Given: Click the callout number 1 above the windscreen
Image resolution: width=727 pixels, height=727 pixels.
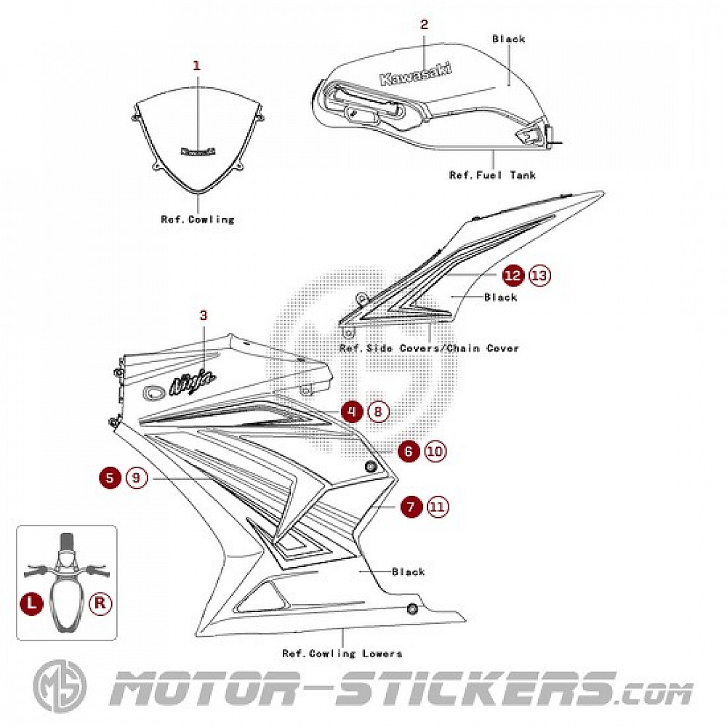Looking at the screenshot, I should coord(196,65).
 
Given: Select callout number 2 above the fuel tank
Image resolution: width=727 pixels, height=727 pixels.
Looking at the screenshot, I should coord(424,24).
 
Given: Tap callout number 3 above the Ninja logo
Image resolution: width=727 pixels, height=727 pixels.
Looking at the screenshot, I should coord(204,315).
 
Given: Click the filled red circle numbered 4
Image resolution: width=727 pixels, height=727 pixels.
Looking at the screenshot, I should coord(352,412).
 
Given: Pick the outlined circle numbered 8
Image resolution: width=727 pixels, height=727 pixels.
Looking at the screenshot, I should coord(378,412).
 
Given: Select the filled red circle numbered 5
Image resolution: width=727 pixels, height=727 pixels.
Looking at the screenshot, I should coord(110,478).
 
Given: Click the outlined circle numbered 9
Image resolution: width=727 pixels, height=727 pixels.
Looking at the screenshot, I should coord(137,478).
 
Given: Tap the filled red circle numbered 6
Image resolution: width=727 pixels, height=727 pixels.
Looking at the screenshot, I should coord(409,451).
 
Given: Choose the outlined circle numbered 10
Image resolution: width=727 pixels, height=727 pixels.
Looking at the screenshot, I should coord(435,451).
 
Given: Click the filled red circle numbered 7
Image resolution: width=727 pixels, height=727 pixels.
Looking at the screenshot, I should coord(411,507).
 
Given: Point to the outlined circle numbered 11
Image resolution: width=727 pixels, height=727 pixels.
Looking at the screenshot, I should coord(438,507).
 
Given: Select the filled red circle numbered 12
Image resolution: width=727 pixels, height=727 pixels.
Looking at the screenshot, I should coord(513,276).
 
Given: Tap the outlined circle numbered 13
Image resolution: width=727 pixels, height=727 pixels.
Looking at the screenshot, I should coord(539,276).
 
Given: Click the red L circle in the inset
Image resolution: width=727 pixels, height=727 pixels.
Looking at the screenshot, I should coord(31,603).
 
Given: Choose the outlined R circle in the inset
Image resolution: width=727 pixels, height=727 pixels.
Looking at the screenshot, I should coord(100,603).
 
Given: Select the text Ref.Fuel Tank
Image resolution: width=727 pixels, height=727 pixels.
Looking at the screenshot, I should coord(492,175).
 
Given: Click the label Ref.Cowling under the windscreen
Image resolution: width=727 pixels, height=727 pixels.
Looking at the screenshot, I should coord(198,219).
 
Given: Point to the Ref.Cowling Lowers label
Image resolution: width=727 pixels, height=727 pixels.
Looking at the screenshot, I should coord(342,654).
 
